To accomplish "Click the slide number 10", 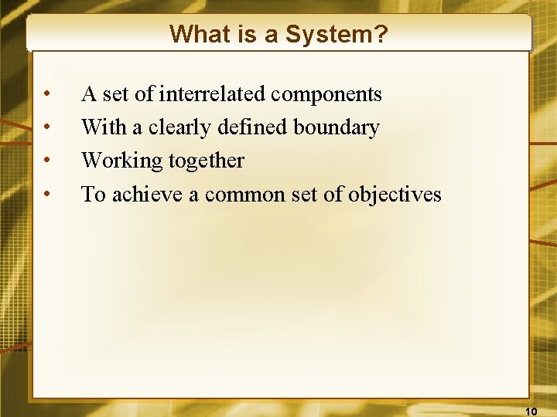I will [x=531, y=410].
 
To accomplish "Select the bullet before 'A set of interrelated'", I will [x=48, y=95].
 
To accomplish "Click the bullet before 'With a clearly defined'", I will [x=48, y=128].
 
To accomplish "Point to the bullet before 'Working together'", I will [x=48, y=161].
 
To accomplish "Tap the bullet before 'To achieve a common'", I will [x=48, y=195].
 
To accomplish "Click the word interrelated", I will [x=213, y=94].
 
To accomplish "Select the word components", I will [x=328, y=95].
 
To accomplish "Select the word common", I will [x=238, y=194].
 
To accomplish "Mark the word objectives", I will [x=395, y=195].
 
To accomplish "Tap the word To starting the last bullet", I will [x=93, y=194].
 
